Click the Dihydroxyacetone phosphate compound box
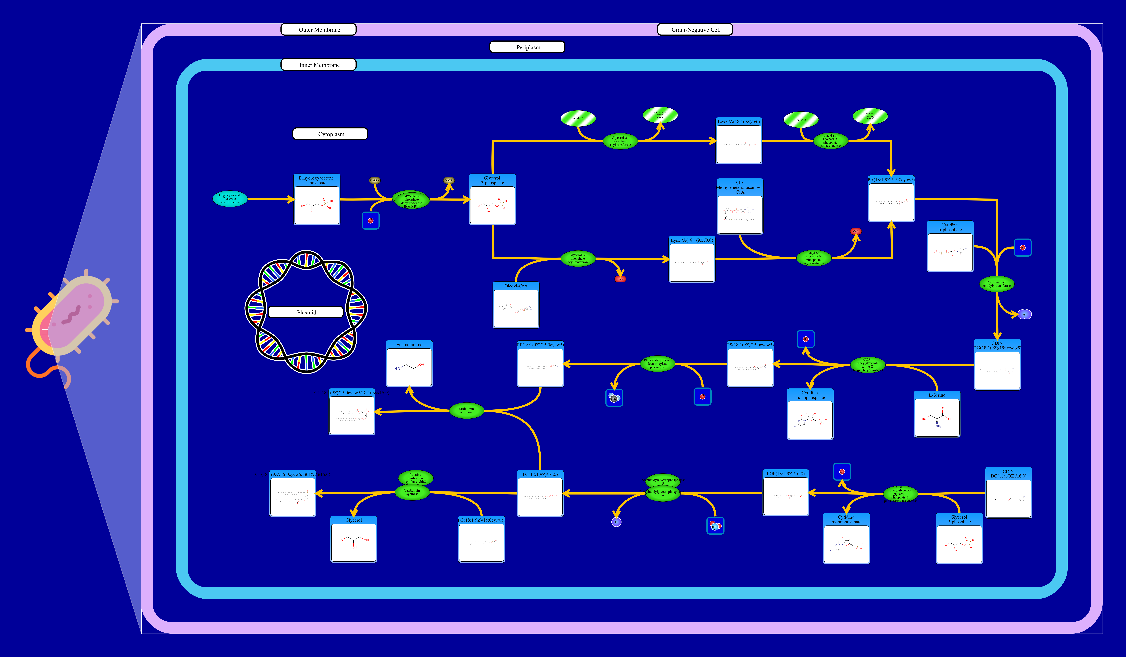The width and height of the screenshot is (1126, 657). point(317,200)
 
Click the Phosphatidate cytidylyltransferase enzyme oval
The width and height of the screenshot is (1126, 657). point(996,284)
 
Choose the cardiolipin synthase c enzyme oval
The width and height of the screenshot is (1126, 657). point(466,410)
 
